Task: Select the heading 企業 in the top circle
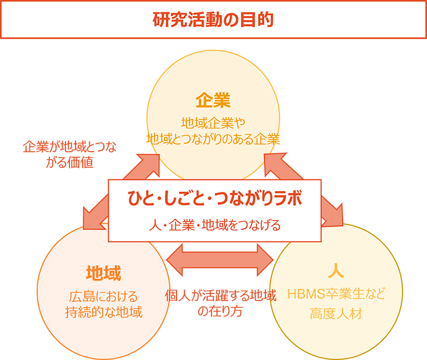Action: tap(213, 101)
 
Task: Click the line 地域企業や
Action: tap(213, 122)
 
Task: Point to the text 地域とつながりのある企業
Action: tap(213, 139)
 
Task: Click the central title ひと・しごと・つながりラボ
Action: tap(214, 198)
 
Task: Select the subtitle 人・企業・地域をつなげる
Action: tap(214, 226)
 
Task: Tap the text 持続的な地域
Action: tap(103, 312)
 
